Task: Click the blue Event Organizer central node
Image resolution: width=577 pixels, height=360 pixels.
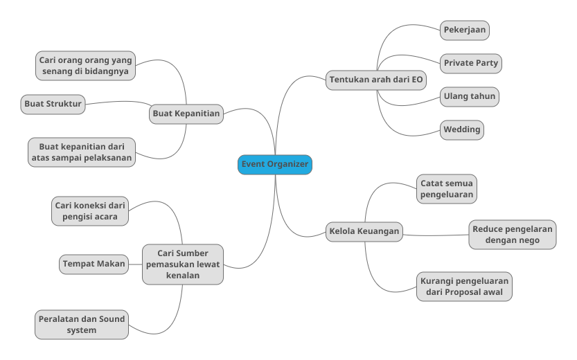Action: coord(275,165)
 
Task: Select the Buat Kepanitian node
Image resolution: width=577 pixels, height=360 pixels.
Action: coord(186,114)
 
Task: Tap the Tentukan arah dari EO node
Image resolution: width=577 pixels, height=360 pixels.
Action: coord(376,80)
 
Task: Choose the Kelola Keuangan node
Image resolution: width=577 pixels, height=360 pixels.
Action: coord(364,232)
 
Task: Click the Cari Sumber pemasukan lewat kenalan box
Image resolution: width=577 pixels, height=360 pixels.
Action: coord(183,264)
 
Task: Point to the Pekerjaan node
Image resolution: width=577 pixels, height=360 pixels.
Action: coord(465,30)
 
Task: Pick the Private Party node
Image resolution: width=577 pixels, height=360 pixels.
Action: coord(470,63)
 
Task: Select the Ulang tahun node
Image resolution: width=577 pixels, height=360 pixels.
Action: coord(470,96)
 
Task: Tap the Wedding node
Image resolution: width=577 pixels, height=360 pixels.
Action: coord(461,129)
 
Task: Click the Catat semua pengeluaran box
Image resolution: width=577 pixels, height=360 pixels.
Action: coord(447,189)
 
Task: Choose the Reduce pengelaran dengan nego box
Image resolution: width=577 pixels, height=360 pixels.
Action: coord(512,235)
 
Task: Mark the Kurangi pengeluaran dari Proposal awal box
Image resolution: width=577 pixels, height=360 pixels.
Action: coord(464,287)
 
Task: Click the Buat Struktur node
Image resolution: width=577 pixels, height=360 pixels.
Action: coord(53,105)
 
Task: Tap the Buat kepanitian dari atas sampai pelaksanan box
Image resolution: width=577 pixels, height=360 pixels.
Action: coord(81,152)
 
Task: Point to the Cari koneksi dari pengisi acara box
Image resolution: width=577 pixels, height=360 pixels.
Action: coord(90,210)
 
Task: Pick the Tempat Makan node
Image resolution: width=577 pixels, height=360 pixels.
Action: coord(94,264)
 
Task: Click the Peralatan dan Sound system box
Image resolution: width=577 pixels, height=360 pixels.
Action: coord(82,325)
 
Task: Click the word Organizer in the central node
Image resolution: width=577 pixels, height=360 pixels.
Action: coord(290,165)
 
